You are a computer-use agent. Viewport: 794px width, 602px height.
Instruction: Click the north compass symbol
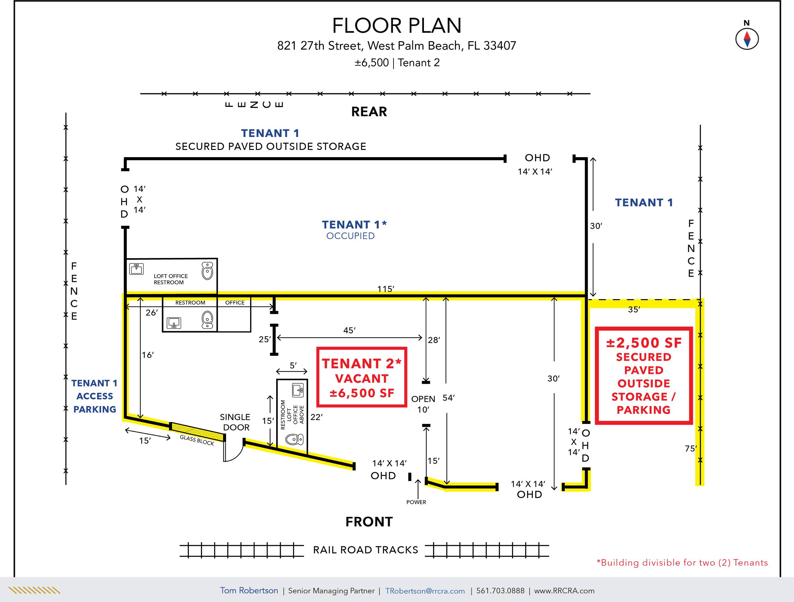[x=747, y=39]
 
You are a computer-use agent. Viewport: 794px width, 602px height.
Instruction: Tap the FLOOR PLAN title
[x=397, y=26]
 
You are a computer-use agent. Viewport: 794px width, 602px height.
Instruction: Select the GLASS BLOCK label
[x=197, y=440]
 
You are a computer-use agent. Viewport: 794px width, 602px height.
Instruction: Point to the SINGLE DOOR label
[x=235, y=422]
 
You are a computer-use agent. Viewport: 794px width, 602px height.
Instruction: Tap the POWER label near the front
[x=416, y=502]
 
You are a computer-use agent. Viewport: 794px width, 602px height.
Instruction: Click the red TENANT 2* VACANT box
[x=361, y=377]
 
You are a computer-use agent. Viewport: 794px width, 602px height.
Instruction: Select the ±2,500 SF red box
[x=644, y=376]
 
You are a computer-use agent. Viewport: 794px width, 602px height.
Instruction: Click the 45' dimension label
[x=349, y=330]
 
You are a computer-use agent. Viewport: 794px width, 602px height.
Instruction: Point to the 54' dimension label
[x=449, y=398]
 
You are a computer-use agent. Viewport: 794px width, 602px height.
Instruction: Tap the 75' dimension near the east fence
[x=691, y=448]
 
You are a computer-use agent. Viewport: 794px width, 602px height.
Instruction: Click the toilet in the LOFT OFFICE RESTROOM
[x=208, y=271]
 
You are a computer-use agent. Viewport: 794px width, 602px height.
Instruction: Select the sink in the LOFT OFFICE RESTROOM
[x=136, y=269]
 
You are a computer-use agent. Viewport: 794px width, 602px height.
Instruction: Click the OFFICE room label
[x=235, y=303]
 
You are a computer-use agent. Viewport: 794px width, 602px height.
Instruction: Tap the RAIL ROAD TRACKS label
[x=366, y=550]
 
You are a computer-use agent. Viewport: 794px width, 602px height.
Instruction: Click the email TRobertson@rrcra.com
[x=425, y=591]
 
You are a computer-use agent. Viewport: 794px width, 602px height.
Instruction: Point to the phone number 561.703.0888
[x=500, y=591]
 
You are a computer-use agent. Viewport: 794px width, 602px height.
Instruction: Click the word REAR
[x=369, y=112]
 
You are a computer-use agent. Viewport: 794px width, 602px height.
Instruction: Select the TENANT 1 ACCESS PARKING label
[x=95, y=396]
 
